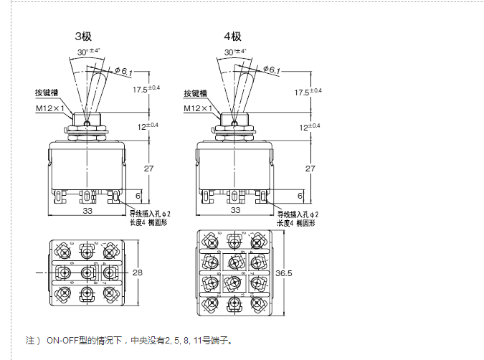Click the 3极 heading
pyautogui.click(x=85, y=35)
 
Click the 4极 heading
pyautogui.click(x=231, y=35)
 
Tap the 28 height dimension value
pyautogui.click(x=138, y=273)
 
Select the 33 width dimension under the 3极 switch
pyautogui.click(x=87, y=211)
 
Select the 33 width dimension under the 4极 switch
pyautogui.click(x=234, y=211)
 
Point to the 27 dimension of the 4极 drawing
pyautogui.click(x=310, y=168)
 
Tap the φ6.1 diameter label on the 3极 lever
pyautogui.click(x=124, y=70)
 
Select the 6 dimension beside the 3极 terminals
pyautogui.click(x=138, y=195)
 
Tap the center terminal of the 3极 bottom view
pyautogui.click(x=87, y=273)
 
